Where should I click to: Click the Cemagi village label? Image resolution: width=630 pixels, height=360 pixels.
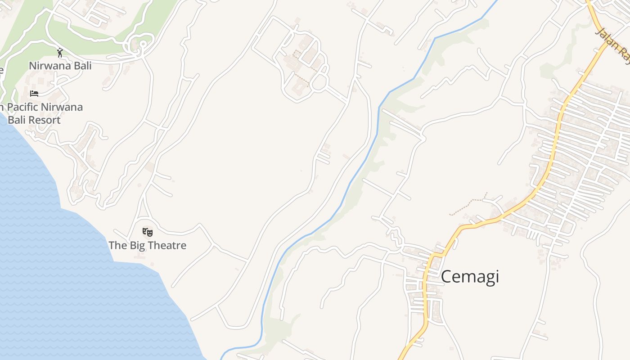(x=470, y=276)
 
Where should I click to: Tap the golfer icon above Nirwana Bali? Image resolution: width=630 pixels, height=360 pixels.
(x=60, y=53)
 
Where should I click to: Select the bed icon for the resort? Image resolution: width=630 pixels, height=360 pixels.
(x=34, y=93)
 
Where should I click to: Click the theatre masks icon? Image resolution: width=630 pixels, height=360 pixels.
(x=148, y=232)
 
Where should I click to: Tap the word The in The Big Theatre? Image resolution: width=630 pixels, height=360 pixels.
(x=118, y=245)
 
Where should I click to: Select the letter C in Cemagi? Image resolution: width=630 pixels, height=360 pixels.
(x=446, y=276)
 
